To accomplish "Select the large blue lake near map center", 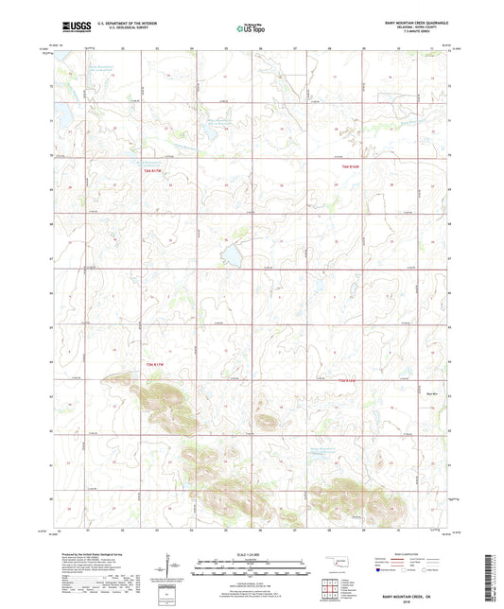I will pos(230,255).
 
